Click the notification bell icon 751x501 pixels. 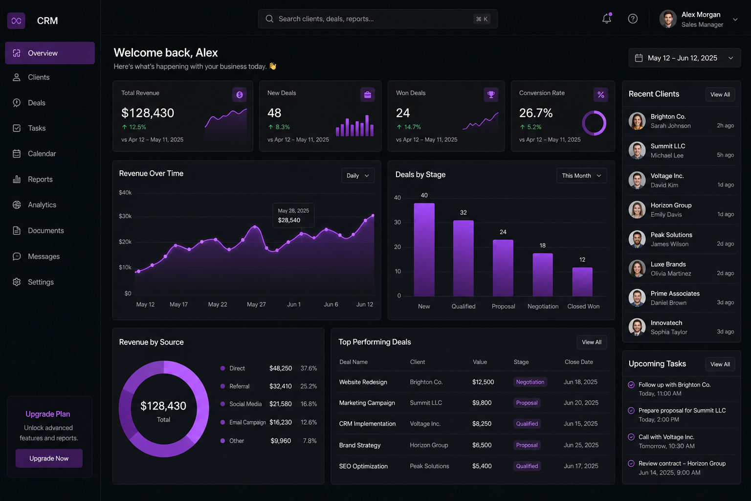(606, 19)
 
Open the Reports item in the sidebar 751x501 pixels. (40, 179)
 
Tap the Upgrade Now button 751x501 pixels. (49, 458)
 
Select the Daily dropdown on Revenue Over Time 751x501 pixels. (358, 176)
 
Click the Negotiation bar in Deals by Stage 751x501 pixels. (542, 274)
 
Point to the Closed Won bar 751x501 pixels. (582, 281)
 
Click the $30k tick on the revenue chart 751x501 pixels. (125, 216)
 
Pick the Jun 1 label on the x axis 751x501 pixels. (294, 304)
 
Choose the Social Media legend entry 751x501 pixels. (245, 404)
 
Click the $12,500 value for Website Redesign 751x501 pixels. (483, 382)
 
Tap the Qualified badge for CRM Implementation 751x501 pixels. (527, 424)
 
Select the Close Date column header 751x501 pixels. (579, 362)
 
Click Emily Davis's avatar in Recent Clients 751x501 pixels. (637, 210)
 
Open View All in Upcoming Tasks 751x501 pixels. (720, 364)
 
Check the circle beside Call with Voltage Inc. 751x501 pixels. (631, 437)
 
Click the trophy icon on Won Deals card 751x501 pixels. (491, 94)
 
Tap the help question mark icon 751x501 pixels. (633, 19)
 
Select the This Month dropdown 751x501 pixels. (581, 176)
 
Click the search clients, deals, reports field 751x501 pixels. (377, 19)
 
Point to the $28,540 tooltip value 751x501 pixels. (289, 220)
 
